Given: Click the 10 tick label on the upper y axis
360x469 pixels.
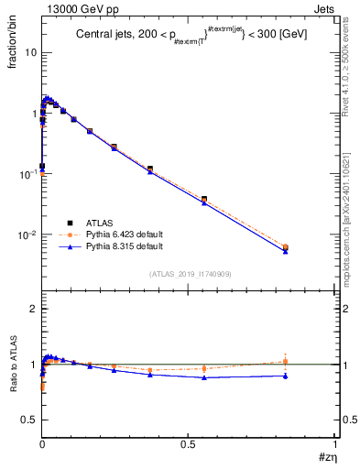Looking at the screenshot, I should coord(30,52).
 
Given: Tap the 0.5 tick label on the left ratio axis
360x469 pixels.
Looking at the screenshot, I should coord(29,420).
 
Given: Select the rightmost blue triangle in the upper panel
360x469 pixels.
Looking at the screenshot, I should coord(286,250).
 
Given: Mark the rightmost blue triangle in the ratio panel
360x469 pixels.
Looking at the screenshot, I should coord(286,376).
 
